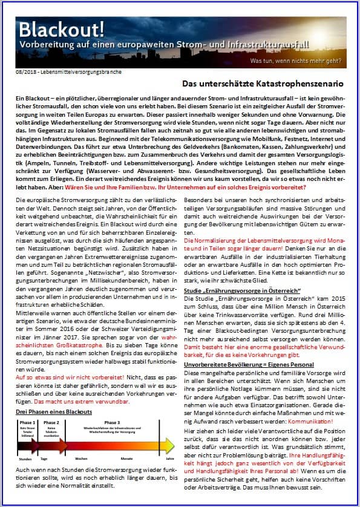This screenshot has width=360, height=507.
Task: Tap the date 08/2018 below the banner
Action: pyautogui.click(x=26, y=73)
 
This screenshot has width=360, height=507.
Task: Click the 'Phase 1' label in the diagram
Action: pyautogui.click(x=27, y=422)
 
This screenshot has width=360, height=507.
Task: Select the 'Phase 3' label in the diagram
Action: pyautogui.click(x=113, y=422)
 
